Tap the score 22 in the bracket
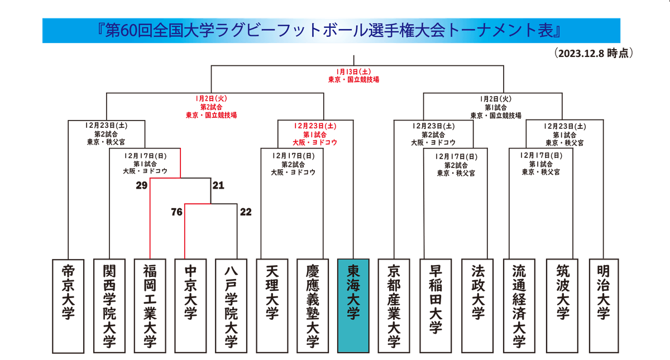[246, 212]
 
